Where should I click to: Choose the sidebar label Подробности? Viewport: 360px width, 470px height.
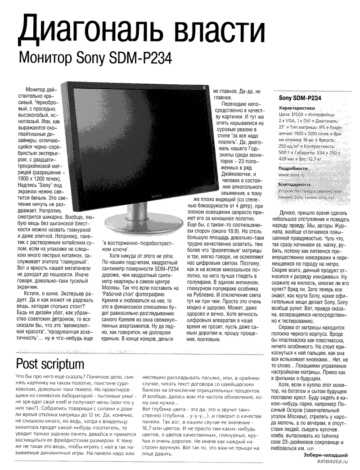293,168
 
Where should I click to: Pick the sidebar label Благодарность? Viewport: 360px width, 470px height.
295,184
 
